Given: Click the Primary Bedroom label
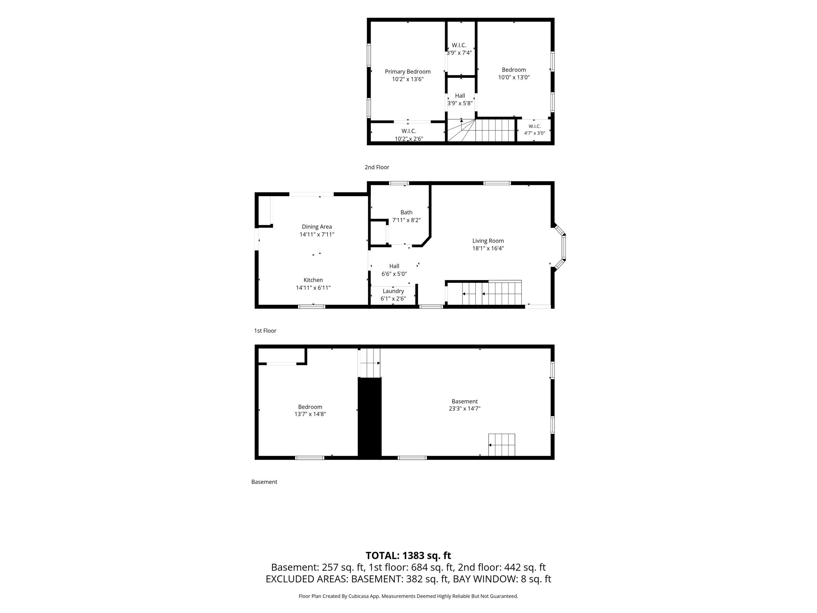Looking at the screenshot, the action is tap(408, 72).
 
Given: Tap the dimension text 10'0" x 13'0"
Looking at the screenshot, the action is tap(514, 77).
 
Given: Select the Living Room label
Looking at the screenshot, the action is tap(488, 241).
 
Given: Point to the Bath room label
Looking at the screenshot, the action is tap(406, 213).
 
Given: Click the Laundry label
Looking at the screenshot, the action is tap(393, 291).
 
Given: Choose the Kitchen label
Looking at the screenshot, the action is tap(313, 280).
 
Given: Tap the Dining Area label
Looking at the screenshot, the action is tap(317, 227).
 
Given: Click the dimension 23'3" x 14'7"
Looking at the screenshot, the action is tap(465, 409).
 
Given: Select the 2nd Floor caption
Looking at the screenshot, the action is tap(377, 167).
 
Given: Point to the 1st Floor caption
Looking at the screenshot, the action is tap(265, 331).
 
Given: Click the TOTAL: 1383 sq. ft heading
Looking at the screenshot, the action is tap(408, 556).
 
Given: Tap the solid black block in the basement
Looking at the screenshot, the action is tap(369, 418).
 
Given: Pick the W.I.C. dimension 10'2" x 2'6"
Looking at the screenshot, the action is tap(409, 139).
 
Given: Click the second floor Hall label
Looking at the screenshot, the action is tap(460, 96).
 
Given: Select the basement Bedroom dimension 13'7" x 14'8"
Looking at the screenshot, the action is tap(310, 414).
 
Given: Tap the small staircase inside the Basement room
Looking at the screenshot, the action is tap(502, 445).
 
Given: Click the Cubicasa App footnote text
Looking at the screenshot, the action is tap(408, 596).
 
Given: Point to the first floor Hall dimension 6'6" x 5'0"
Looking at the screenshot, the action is tap(394, 274).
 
